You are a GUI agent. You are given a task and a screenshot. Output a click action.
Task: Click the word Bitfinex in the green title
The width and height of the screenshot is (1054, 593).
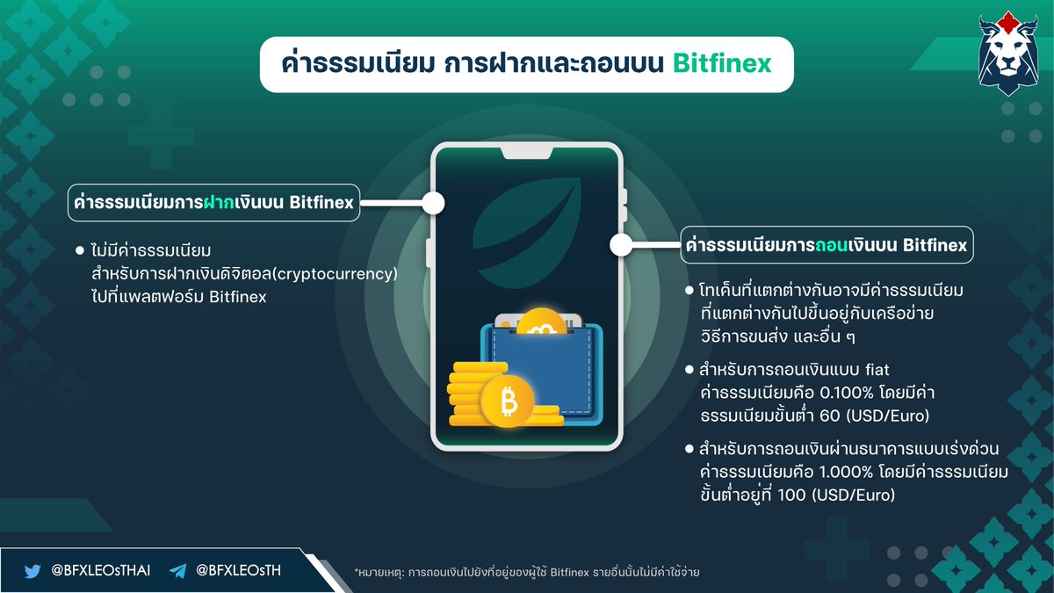click(722, 64)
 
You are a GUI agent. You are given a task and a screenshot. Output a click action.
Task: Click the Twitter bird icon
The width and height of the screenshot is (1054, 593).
click(32, 570)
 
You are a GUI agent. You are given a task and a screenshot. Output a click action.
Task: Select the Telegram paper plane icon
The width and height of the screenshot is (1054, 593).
click(178, 570)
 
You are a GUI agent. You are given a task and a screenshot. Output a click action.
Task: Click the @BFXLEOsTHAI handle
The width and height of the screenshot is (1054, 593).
click(100, 570)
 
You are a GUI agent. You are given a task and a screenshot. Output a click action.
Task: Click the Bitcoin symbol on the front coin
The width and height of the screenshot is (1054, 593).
click(508, 403)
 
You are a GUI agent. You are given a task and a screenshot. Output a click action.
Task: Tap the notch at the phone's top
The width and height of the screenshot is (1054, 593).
click(526, 154)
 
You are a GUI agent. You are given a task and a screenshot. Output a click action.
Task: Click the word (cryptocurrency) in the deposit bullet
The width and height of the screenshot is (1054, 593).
click(334, 275)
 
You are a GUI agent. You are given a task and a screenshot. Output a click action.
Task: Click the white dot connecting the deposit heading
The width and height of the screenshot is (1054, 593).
click(433, 203)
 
